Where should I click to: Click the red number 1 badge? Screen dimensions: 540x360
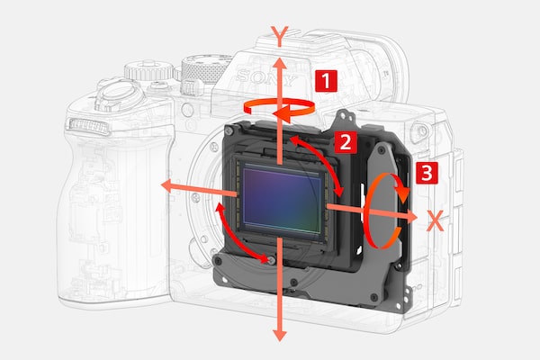326,81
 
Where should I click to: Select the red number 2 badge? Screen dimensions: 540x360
346,141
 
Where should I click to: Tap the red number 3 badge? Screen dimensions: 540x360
427,173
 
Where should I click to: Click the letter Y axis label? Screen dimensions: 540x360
280,37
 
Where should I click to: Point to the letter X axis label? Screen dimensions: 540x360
436,220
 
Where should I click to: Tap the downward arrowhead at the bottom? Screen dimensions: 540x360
280,334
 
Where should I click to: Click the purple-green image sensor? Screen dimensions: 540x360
282,199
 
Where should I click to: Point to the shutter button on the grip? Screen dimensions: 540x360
119,93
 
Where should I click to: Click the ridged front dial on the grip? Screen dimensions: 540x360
89,126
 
